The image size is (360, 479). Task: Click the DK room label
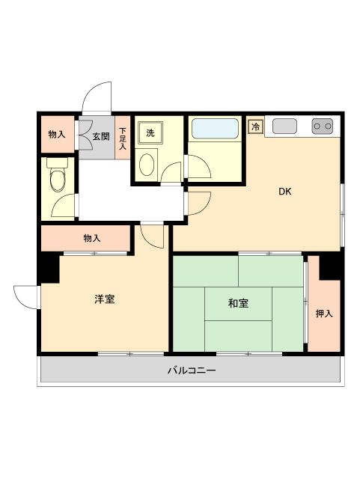pos(284,191)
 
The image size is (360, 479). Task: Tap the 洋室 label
pos(104,299)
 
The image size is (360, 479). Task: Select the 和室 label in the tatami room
pos(239,303)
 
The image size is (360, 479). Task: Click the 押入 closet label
pos(323,314)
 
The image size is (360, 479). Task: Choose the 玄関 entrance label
pos(101,136)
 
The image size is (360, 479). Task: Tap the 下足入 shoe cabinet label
pos(123,139)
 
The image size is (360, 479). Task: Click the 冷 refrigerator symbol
pos(256,127)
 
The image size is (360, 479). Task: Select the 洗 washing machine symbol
pos(150,133)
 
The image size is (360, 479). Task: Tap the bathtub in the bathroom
pos(215,129)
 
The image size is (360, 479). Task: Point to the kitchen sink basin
pos(285,126)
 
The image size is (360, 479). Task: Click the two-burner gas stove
pos(323,126)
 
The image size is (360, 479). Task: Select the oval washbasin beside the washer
pos(147,163)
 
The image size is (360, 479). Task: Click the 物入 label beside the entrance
pos(56,135)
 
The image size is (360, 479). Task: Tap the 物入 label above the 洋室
pos(92,238)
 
